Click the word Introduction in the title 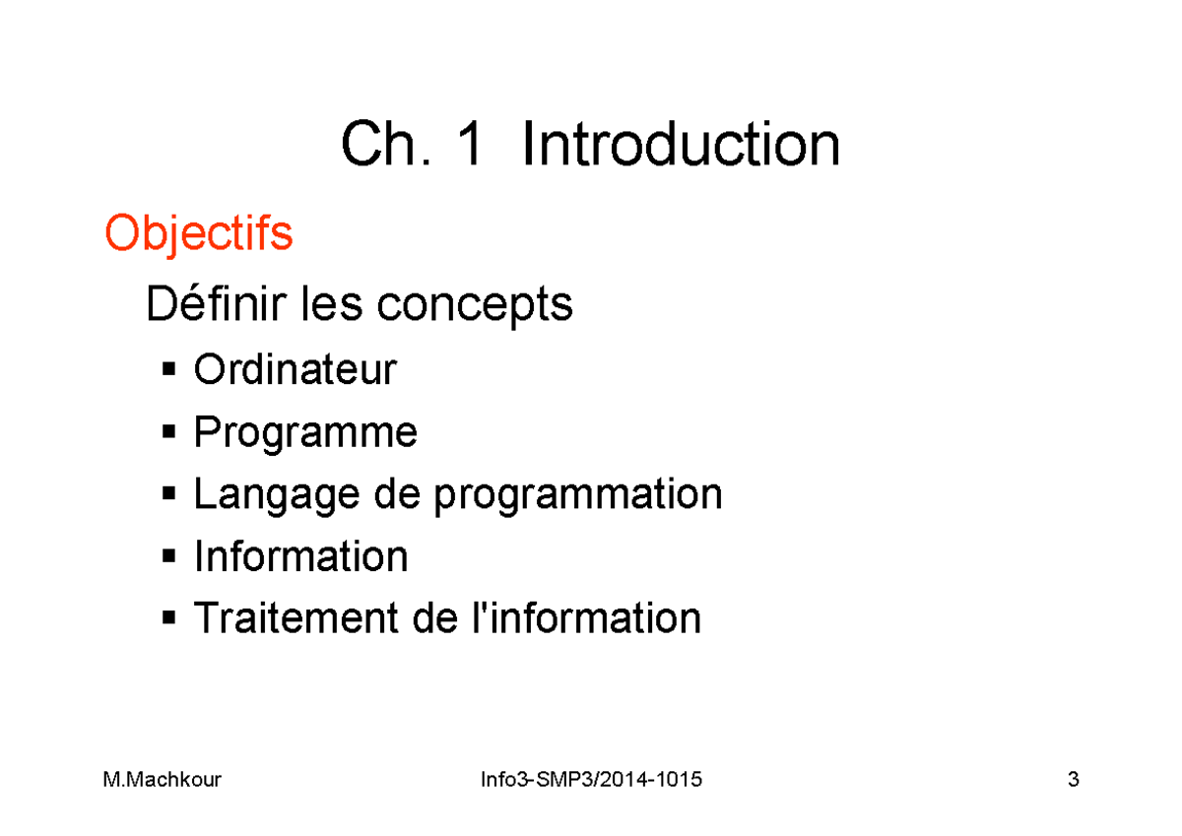coord(681,146)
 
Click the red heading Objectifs coord(199,235)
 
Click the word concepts coord(475,306)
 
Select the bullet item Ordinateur coord(295,369)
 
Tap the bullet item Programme coord(305,433)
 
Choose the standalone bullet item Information coord(300,556)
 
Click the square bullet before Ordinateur coord(168,371)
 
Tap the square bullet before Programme coord(168,433)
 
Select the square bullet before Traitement coord(168,619)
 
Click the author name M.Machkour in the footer coord(163,781)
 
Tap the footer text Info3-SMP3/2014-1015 coord(591,781)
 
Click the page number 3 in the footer coord(1073,781)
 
